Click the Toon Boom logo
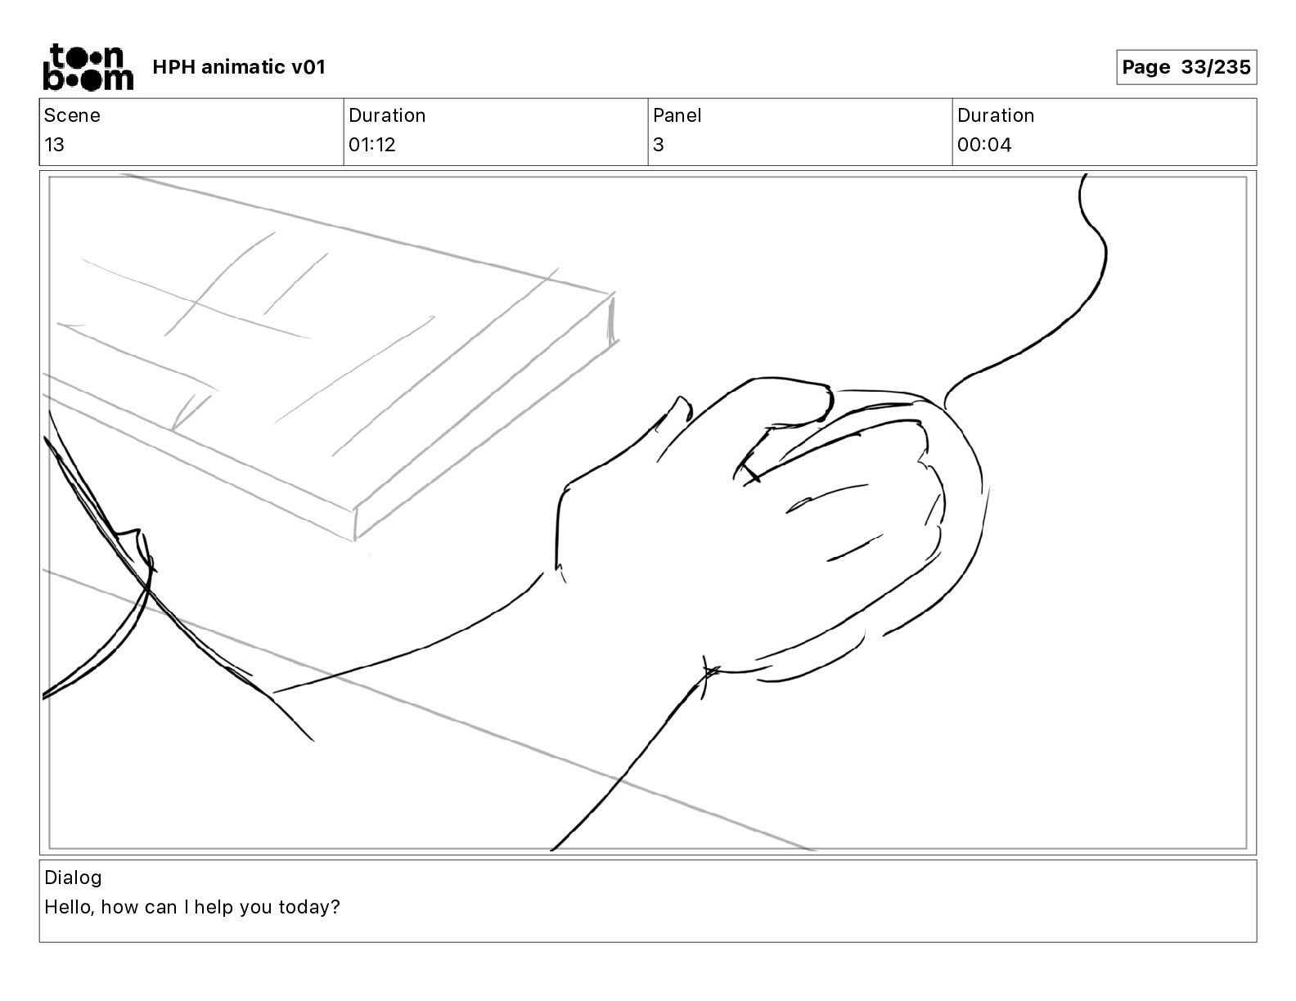[88, 66]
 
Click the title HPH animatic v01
[239, 67]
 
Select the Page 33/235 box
[1186, 67]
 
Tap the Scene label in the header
[72, 115]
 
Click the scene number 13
[54, 145]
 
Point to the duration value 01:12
[371, 145]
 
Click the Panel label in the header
[677, 115]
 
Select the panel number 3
[659, 145]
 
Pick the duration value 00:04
[984, 145]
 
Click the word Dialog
[73, 878]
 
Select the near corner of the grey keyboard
[355, 523]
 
